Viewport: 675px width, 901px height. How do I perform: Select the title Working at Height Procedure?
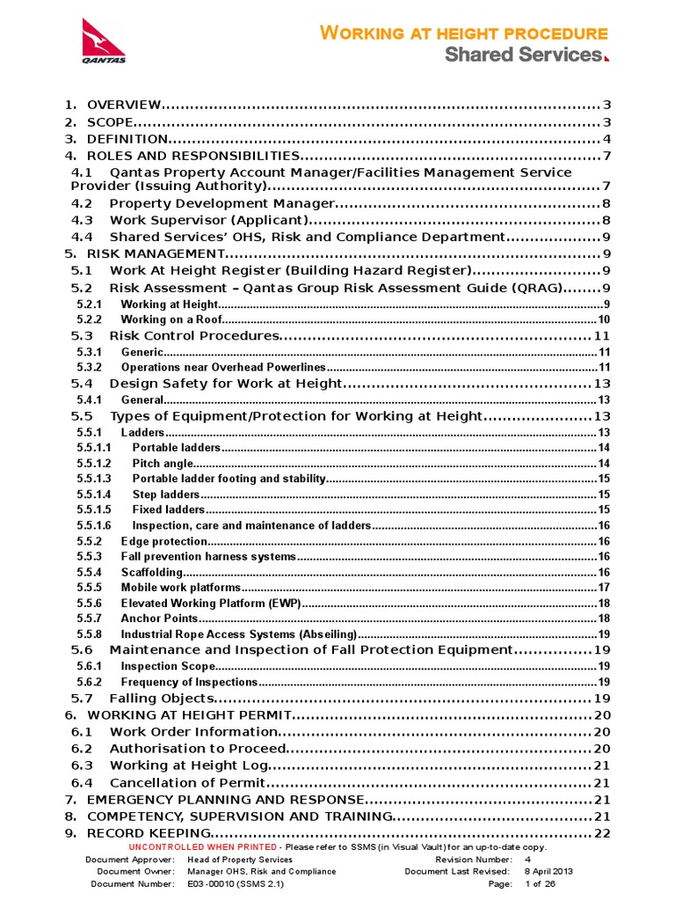tap(463, 33)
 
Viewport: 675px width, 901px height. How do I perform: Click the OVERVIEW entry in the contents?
tap(123, 106)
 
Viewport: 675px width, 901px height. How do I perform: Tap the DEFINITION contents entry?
tap(127, 139)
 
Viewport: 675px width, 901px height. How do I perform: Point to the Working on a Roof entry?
tap(171, 319)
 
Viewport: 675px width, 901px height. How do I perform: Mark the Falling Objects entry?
tap(161, 699)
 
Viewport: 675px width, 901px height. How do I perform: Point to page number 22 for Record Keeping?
tap(602, 833)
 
